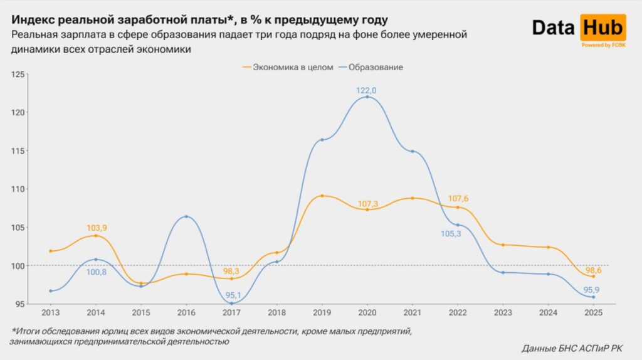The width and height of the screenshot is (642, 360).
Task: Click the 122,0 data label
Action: (367, 90)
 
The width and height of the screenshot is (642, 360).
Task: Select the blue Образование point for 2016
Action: (186, 216)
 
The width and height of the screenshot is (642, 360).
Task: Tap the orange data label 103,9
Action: (96, 227)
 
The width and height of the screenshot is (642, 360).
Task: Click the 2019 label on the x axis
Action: (322, 312)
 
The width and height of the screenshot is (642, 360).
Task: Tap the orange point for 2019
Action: (322, 196)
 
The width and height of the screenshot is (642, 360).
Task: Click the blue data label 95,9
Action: (592, 289)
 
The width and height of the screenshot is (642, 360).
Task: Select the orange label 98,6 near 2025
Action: (592, 270)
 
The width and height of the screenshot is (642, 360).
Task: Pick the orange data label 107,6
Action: (458, 199)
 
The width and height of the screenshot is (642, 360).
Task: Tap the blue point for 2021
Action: (413, 151)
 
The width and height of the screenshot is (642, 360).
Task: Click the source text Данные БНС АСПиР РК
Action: (573, 348)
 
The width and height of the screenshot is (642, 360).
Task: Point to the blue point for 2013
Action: (50, 290)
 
